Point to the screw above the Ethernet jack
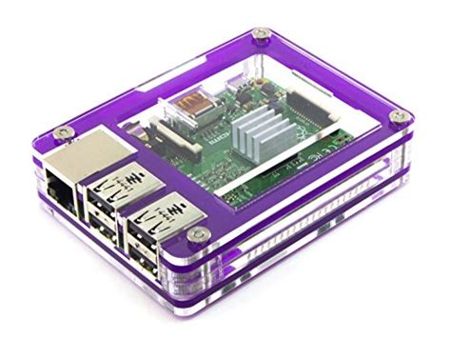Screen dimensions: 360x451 62,131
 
